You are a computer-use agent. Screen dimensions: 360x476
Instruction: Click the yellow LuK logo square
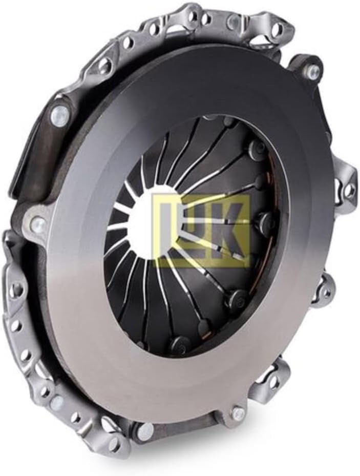click(202, 231)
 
